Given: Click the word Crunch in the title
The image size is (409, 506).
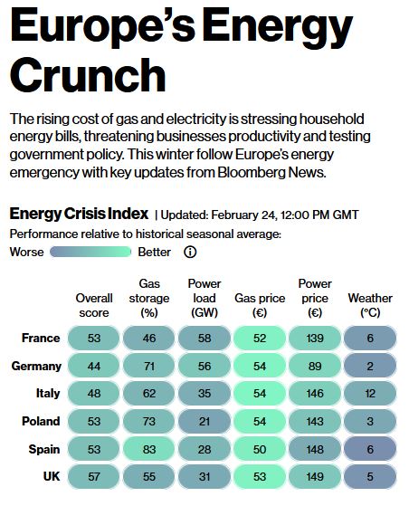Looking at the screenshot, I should tap(88, 73).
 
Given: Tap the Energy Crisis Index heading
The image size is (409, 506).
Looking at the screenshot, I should tap(79, 215).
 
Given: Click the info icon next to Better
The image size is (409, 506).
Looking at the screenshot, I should tap(190, 253).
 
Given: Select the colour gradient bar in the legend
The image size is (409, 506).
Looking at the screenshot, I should tap(93, 253).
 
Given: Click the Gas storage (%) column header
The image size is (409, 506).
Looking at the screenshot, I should tap(149, 298).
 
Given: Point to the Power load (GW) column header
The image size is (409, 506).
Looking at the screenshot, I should tap(204, 298).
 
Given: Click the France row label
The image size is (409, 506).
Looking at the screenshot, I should tap(41, 339).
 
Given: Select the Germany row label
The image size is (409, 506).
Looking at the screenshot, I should tap(37, 367).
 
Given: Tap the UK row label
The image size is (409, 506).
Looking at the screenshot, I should tap(50, 477).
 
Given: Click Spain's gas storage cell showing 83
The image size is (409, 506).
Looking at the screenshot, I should tap(149, 450).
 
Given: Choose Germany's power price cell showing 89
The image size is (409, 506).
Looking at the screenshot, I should tap(315, 367).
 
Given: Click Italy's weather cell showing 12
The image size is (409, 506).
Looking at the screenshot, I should tap(370, 395).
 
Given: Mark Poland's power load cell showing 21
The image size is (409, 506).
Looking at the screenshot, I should tap(204, 422).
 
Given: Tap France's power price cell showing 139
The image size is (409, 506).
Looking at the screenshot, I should tap(315, 339).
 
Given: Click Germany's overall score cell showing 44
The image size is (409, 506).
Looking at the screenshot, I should tap(93, 367).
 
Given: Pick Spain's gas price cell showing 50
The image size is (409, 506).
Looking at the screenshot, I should tap(260, 450).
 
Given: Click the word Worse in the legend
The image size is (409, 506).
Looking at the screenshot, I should tap(26, 253).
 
